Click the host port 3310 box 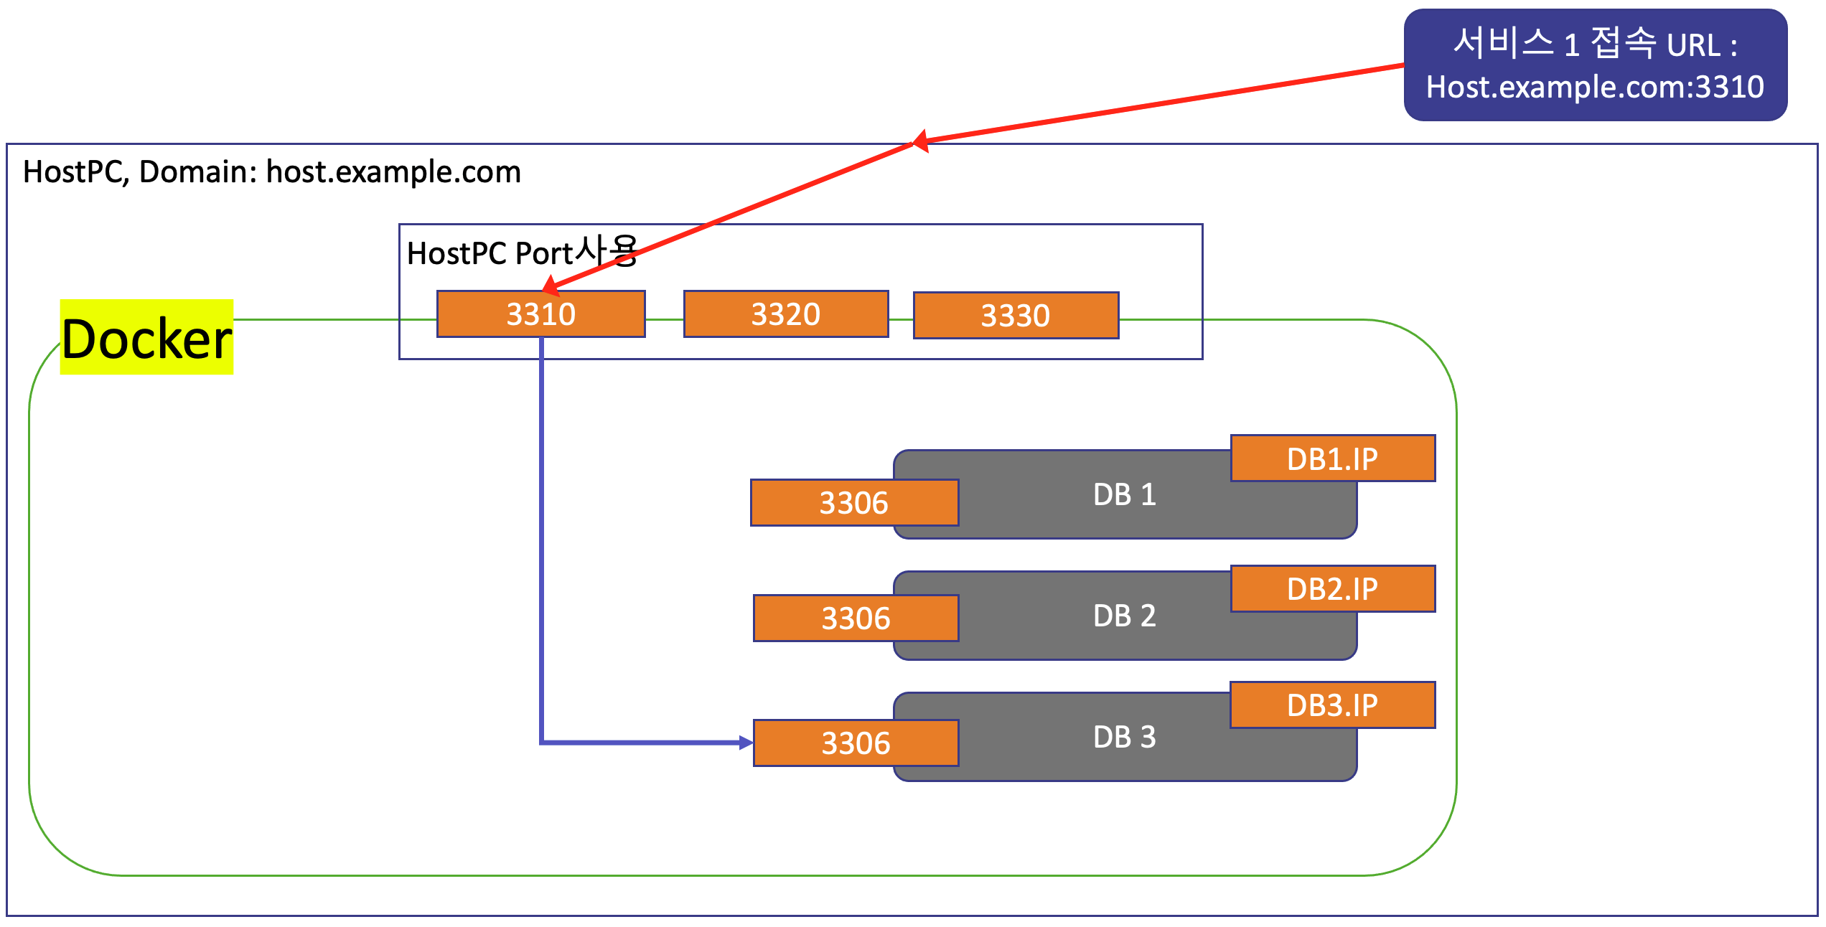pos(540,314)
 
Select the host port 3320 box pos(786,314)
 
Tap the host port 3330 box pos(1016,316)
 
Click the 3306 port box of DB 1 pos(854,503)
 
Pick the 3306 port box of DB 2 pos(856,618)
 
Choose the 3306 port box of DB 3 pos(856,743)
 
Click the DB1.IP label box pos(1332,458)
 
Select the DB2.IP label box pos(1332,589)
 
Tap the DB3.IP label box pos(1332,705)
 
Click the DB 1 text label pos(1124,495)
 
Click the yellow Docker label pos(146,337)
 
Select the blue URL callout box pos(1595,65)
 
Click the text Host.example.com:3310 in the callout pos(1595,88)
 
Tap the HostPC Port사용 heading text pos(522,253)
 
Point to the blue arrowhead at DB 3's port pos(746,743)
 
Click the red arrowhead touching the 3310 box pos(551,286)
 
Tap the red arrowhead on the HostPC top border pos(920,141)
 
